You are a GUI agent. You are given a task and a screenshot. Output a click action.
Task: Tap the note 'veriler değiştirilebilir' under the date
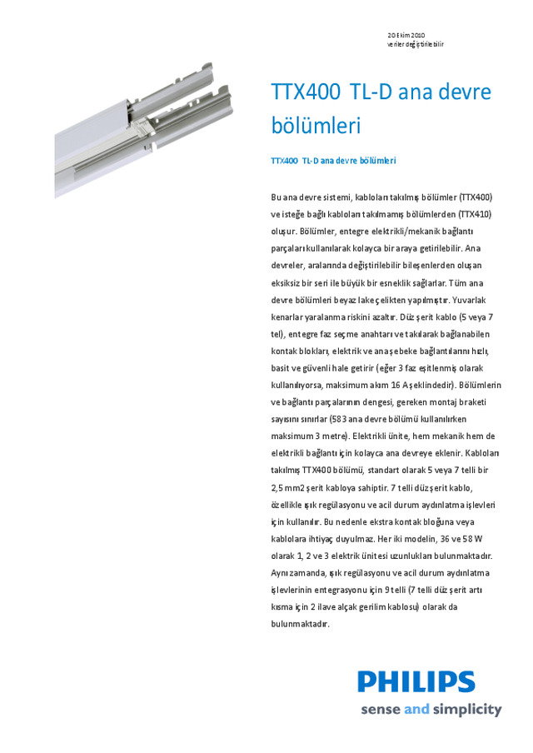point(416,43)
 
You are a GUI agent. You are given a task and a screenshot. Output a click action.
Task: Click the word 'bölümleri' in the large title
point(316,127)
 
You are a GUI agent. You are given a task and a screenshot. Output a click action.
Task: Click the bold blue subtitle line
point(333,160)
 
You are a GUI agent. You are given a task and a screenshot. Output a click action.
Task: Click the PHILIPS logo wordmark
point(417,682)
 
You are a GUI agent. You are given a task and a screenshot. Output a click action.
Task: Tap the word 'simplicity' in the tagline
point(467,711)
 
